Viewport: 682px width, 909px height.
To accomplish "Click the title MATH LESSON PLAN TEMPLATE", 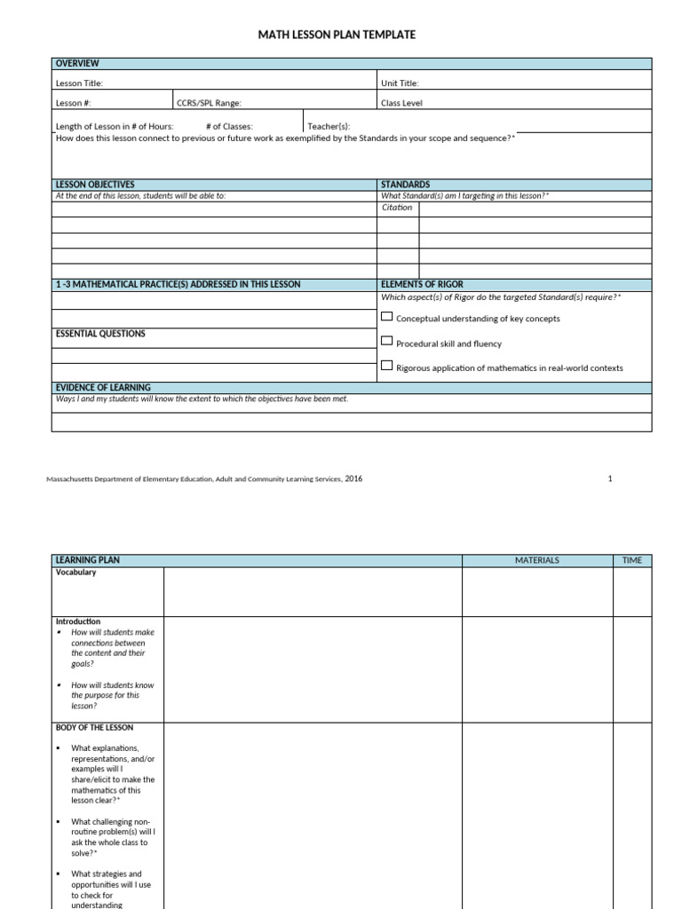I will [x=337, y=35].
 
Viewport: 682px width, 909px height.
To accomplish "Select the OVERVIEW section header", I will [x=77, y=64].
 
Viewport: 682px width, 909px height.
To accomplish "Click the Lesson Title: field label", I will [x=80, y=83].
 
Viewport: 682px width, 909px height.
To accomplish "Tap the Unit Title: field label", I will [x=400, y=83].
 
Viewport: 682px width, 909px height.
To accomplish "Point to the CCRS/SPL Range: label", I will [x=209, y=103].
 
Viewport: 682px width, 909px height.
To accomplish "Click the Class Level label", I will [x=401, y=103].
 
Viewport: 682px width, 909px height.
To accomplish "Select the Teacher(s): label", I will [x=329, y=126].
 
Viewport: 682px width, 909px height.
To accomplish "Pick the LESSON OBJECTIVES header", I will [x=95, y=185].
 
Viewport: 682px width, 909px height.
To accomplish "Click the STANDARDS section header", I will [x=405, y=185].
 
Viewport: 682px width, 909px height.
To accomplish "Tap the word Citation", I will [x=397, y=208].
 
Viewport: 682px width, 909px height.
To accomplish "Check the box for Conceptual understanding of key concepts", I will [x=386, y=316].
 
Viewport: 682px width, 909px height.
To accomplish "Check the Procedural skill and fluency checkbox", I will [x=386, y=341].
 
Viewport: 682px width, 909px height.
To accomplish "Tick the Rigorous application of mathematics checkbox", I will [x=386, y=365].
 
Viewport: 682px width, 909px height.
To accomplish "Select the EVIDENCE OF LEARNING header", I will [x=103, y=388].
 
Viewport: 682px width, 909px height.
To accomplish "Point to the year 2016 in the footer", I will [x=353, y=478].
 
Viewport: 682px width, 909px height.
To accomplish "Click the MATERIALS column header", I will [x=536, y=561].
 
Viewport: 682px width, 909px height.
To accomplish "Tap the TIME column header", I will [x=631, y=561].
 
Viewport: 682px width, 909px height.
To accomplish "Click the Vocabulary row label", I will [x=76, y=573].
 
